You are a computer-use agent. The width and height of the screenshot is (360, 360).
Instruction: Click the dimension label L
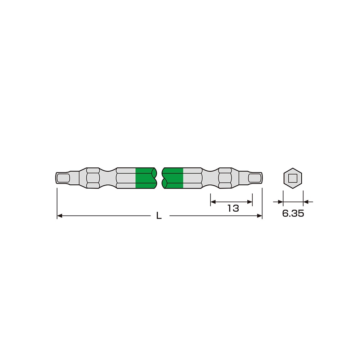click(x=159, y=216)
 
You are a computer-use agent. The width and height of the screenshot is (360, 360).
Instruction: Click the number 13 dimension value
click(x=233, y=208)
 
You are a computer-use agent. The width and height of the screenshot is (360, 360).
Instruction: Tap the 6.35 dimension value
click(x=293, y=213)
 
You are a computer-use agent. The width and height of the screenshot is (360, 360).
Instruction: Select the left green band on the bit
click(x=145, y=178)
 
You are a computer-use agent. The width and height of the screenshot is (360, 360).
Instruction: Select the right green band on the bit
click(x=173, y=178)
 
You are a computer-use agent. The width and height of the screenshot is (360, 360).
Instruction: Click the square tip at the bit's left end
click(x=63, y=178)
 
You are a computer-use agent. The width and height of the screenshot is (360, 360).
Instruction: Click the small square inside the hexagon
click(x=293, y=178)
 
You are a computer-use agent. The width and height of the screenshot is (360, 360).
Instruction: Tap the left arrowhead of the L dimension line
click(x=60, y=216)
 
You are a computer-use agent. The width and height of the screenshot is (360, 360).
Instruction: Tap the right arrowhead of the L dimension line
click(x=259, y=216)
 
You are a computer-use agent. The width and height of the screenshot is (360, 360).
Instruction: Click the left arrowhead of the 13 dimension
click(x=213, y=202)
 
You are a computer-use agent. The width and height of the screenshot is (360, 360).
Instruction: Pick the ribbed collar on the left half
click(x=93, y=178)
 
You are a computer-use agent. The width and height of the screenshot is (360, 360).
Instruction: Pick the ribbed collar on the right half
click(x=225, y=178)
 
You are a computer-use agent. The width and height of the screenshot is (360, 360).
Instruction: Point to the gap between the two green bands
click(x=159, y=178)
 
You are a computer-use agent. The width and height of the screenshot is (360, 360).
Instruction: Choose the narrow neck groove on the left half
click(x=108, y=178)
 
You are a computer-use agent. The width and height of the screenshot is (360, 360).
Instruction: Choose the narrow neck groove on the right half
click(x=210, y=178)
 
